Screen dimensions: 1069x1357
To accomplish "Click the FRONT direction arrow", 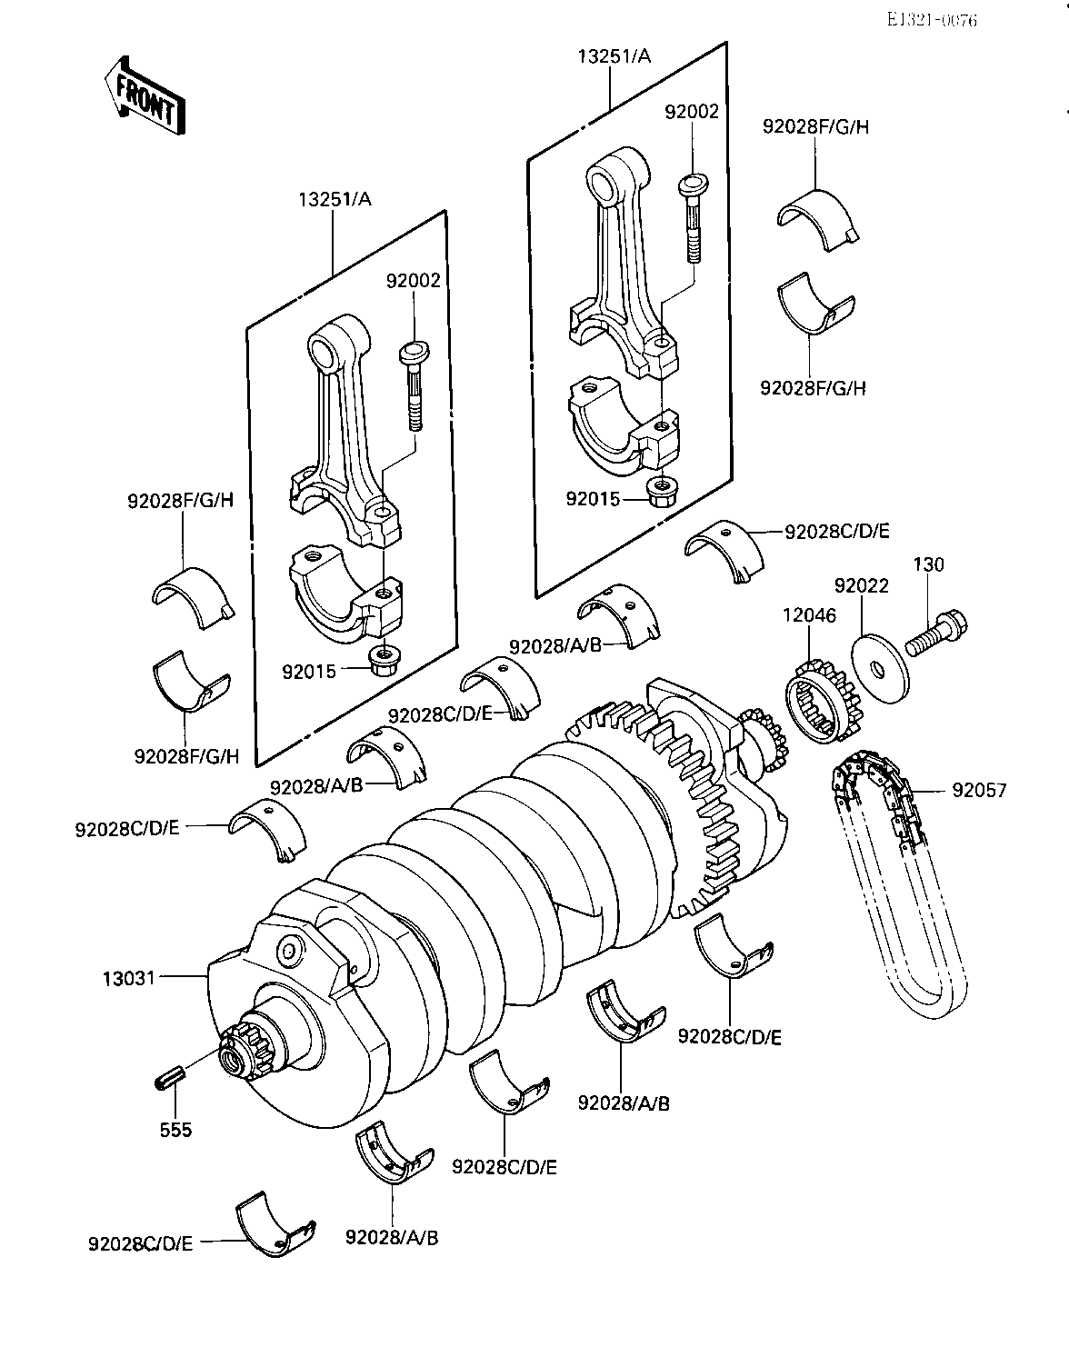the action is [x=145, y=95].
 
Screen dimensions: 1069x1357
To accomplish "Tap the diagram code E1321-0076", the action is [x=932, y=20].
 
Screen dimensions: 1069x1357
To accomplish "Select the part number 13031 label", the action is [x=129, y=979].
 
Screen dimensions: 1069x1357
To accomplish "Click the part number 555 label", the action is [x=175, y=1130].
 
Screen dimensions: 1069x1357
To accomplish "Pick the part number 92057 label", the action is [x=979, y=790].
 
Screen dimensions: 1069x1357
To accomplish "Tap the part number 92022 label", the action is [x=862, y=585].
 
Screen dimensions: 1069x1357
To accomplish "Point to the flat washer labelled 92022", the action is [x=881, y=668].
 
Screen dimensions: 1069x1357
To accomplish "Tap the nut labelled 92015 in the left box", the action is [x=381, y=660].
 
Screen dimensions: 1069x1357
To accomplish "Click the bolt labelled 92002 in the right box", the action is [x=693, y=219].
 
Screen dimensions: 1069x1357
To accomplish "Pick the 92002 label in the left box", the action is [x=413, y=280].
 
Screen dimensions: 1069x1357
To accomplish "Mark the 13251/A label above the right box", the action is [x=614, y=56].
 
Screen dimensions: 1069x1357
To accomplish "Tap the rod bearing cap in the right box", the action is [x=624, y=426].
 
